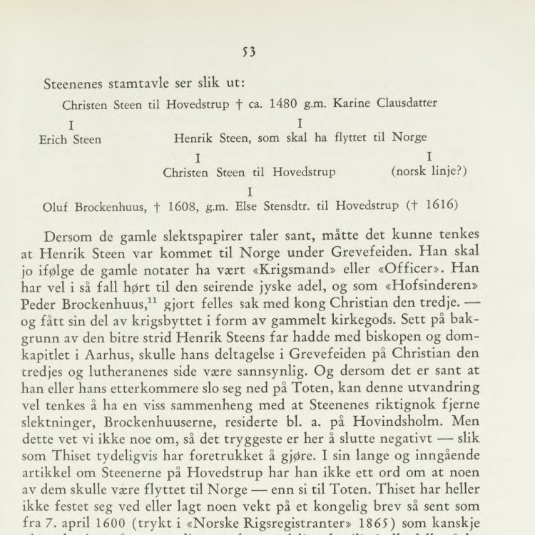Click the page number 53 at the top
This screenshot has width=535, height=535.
(x=248, y=51)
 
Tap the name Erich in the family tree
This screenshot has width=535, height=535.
(x=54, y=139)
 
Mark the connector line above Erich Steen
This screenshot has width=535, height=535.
(x=71, y=126)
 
